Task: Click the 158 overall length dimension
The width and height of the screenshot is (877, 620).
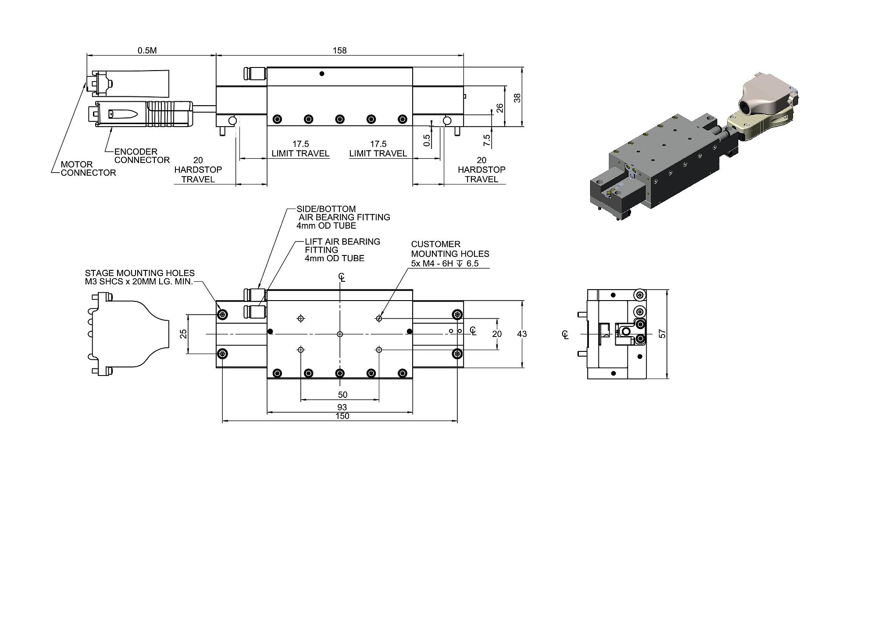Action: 340,50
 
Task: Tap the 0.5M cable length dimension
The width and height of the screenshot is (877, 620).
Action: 147,50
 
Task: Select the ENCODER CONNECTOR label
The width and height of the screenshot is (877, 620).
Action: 142,156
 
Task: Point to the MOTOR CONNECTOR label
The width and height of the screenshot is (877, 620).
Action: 88,169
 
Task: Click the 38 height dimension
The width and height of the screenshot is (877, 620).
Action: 518,98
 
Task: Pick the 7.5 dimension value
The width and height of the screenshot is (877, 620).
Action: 487,141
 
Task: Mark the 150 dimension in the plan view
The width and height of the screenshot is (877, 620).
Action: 342,416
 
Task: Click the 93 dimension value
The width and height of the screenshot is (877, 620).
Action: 342,407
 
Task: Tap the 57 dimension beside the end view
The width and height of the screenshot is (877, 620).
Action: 663,334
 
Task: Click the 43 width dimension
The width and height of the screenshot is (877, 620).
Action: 522,334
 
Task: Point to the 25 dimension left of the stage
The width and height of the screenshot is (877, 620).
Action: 184,334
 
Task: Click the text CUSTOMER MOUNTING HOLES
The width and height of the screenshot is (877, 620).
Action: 450,249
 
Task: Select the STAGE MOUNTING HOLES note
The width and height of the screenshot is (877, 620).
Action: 140,277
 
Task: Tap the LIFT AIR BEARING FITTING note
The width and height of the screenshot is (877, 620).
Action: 342,250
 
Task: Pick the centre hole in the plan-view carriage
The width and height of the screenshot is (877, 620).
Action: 340,334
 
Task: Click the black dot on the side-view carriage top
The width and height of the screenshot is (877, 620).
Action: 322,74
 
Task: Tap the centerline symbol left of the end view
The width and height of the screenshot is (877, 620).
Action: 565,334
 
